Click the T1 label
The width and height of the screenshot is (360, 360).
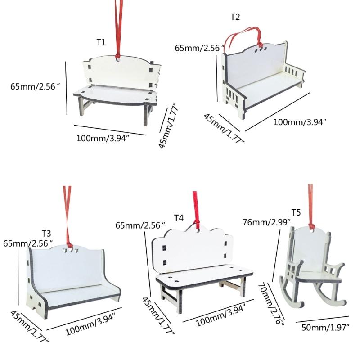click(x=101, y=42)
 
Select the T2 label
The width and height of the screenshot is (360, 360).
click(x=235, y=17)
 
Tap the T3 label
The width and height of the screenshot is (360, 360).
click(x=46, y=234)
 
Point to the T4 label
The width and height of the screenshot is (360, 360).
click(x=179, y=218)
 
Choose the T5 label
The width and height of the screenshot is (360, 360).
click(x=296, y=212)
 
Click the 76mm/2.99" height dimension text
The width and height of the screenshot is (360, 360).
click(x=266, y=222)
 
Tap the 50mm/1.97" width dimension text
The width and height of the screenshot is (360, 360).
click(x=325, y=327)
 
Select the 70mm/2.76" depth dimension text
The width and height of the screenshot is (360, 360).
click(x=271, y=303)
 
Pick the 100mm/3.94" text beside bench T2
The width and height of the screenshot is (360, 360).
click(x=300, y=122)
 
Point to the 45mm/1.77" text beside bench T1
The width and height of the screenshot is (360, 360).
click(x=168, y=126)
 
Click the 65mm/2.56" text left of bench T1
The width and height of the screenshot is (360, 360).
click(x=35, y=86)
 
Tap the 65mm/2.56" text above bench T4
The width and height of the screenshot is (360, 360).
click(x=140, y=225)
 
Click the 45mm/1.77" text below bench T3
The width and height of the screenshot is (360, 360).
click(x=29, y=327)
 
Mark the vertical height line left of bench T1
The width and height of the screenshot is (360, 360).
click(x=66, y=88)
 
